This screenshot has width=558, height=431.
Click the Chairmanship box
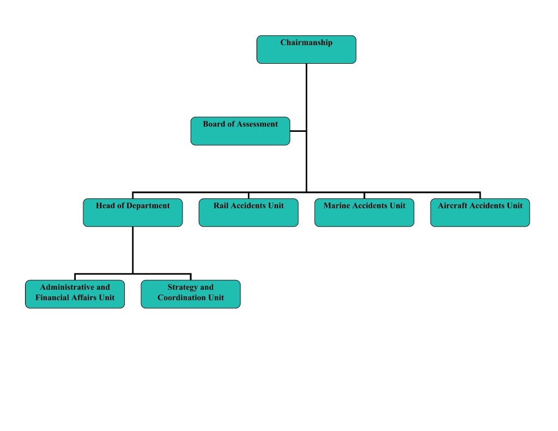(x=306, y=50)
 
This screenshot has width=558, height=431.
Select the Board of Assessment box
(x=240, y=131)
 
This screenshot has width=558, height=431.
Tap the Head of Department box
(x=132, y=213)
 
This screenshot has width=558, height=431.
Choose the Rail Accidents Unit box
(x=248, y=213)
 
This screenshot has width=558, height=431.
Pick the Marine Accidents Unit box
(x=364, y=213)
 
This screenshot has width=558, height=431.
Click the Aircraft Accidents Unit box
(x=480, y=213)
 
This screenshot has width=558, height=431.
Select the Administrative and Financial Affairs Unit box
(x=75, y=294)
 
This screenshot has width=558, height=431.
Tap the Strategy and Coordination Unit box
(x=190, y=294)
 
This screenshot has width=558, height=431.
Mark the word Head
(x=106, y=206)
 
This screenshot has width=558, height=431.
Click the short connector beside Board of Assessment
(x=298, y=131)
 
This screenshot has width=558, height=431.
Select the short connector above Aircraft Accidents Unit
(x=480, y=195)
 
